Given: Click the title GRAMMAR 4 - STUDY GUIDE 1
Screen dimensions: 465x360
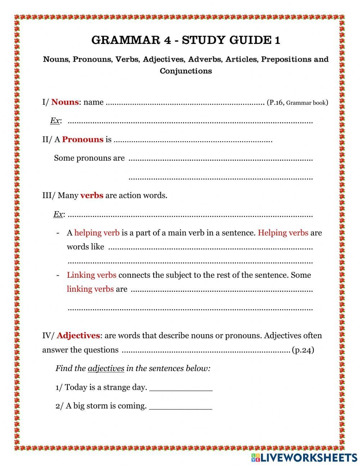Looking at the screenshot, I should coord(186,40).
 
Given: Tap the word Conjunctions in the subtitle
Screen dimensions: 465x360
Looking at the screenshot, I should coord(186,71).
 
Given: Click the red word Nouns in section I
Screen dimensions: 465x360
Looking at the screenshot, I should coord(65,102).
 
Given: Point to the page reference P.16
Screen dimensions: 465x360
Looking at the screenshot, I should coord(275,103).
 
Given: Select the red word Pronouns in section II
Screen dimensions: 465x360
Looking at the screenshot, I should coord(82,140).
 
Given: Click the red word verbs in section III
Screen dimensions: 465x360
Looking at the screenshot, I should coord(92,196).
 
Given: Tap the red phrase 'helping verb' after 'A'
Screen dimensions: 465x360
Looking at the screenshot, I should coord(97,233).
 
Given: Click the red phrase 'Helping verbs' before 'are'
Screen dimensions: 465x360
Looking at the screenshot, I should coord(283,233).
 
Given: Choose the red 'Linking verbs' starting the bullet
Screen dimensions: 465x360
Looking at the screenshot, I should coord(91,275).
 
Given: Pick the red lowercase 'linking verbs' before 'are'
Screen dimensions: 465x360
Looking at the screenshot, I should coord(90,289).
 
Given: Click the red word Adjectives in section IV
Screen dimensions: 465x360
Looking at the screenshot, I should coord(78,336).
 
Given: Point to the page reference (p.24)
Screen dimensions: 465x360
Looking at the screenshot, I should coord(303,350).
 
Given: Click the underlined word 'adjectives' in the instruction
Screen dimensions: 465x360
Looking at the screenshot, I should coord(106,368).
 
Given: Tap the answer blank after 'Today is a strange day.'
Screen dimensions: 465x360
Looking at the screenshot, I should coord(181,388).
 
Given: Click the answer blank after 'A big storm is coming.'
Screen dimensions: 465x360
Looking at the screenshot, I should coord(180,407).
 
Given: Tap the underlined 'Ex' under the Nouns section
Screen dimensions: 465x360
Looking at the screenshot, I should coord(55,121).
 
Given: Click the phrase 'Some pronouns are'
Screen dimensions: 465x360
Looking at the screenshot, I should coord(89,158).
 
